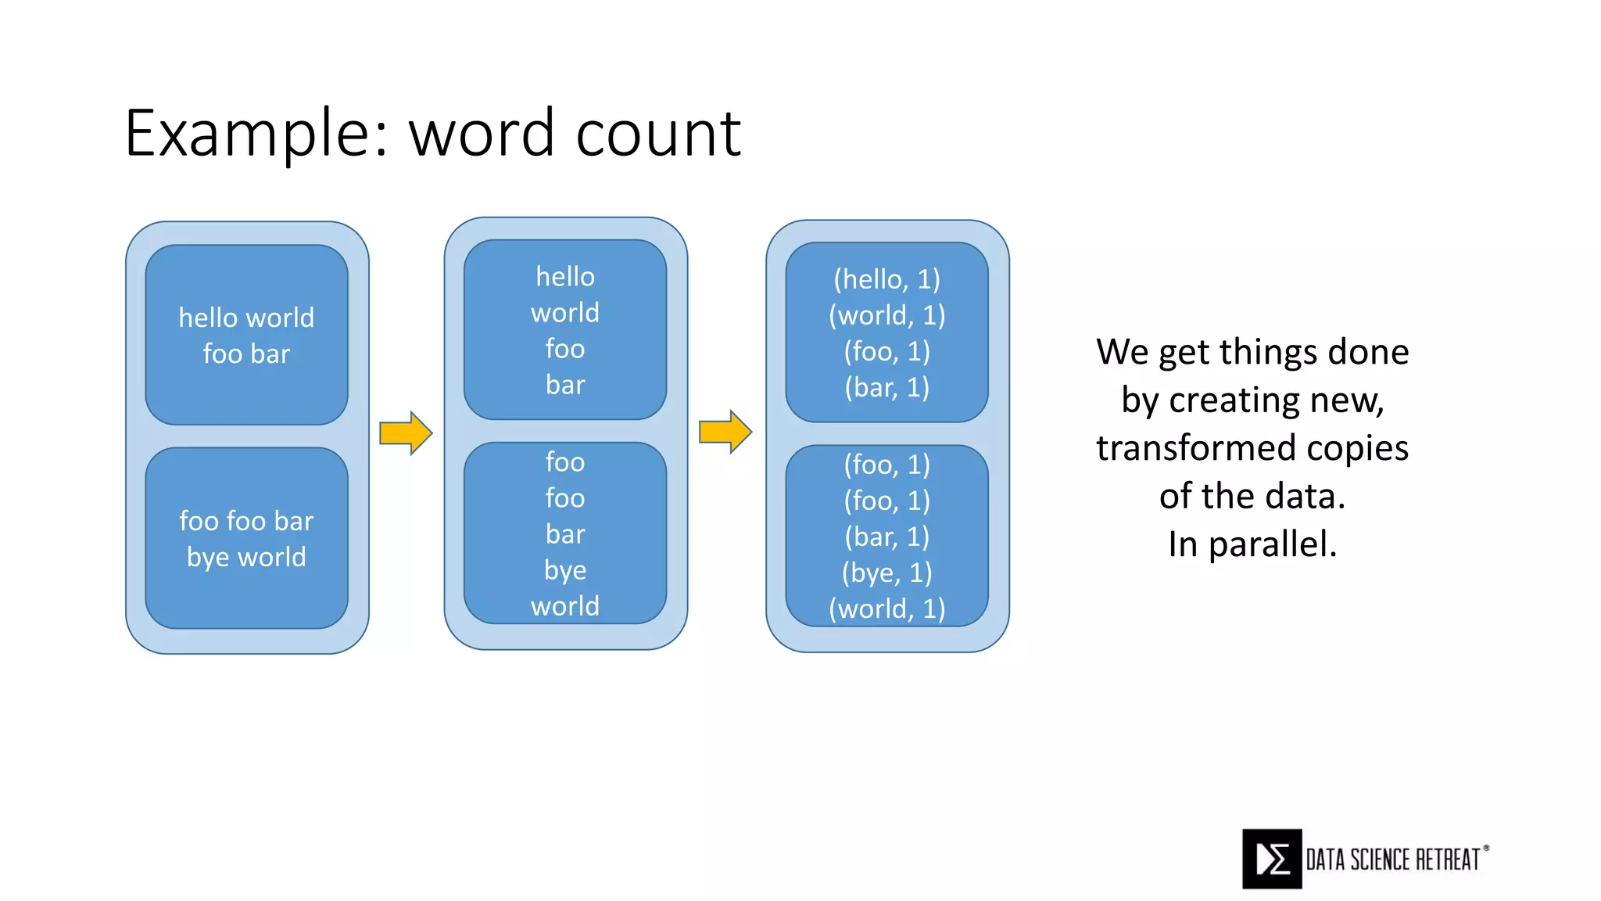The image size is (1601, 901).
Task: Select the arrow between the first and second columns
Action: (406, 433)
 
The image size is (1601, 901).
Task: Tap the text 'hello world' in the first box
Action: (246, 318)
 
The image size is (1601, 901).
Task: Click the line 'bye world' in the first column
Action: (246, 557)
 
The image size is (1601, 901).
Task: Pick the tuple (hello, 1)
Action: (886, 279)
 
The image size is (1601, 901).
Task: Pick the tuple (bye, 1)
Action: (886, 573)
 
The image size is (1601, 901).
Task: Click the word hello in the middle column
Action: (565, 276)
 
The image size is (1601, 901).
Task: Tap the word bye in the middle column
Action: (565, 570)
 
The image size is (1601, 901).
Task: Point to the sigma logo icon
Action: (1272, 859)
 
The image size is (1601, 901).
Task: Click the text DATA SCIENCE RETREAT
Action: (1393, 860)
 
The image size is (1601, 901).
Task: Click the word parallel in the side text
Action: (1272, 544)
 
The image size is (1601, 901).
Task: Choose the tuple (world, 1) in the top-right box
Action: (886, 315)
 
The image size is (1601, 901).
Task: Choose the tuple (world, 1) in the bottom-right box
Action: (886, 608)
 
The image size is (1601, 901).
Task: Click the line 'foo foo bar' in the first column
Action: (246, 521)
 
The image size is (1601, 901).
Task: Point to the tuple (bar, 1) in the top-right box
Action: (886, 387)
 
